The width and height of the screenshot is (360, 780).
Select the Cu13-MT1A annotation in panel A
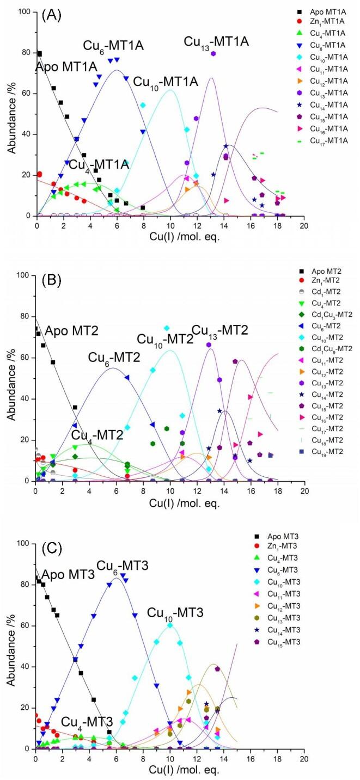pos(216,41)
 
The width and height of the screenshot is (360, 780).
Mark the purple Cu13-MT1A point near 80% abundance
pos(213,53)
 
